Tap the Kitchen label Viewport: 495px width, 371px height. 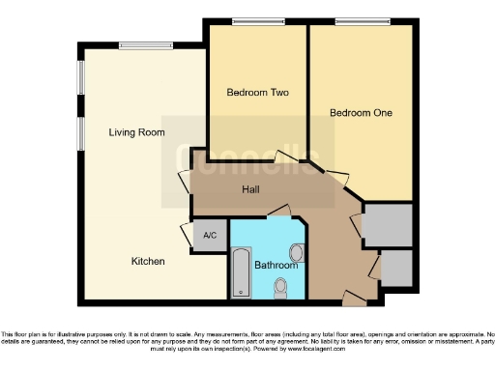149,262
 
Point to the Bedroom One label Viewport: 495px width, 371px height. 361,113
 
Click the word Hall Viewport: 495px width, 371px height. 249,190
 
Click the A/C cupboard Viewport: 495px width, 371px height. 209,235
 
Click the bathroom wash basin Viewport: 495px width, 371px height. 297,253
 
